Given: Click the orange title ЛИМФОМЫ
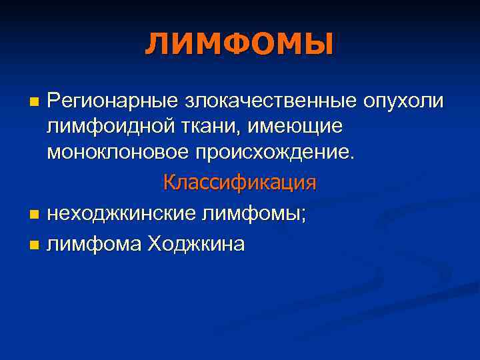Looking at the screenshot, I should (x=239, y=45).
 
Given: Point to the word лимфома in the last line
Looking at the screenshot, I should (x=95, y=245).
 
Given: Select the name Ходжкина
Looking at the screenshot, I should (x=197, y=245).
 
